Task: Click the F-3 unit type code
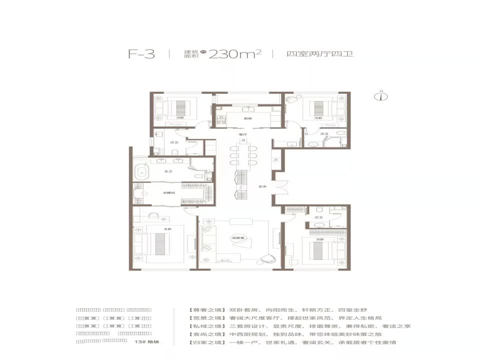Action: coord(142,54)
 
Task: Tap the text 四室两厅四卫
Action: coord(319,54)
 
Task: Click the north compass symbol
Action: coord(383,96)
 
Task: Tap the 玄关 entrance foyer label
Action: coord(261,187)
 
